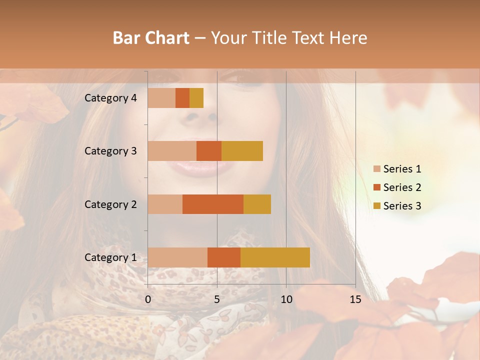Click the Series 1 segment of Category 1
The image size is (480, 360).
(177, 257)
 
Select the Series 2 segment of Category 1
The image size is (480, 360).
(224, 257)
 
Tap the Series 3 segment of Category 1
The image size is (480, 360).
(275, 257)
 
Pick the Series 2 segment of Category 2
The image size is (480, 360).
(213, 204)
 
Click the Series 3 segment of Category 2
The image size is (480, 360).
(257, 204)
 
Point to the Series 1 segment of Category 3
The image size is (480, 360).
(172, 151)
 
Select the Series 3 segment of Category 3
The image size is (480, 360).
(242, 151)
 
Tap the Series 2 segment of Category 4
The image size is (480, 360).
(182, 98)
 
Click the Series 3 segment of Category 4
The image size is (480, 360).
(196, 98)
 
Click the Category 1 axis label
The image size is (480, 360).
(110, 257)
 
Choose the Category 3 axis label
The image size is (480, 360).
(110, 151)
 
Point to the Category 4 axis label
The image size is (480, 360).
(110, 98)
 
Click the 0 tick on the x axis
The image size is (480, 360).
(148, 299)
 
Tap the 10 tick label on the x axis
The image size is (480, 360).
(286, 299)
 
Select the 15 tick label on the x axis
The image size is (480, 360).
(355, 299)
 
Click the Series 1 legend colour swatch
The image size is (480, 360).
(376, 169)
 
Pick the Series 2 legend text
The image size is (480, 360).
(402, 187)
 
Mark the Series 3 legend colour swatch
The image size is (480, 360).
(376, 206)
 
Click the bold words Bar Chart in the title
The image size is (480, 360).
(151, 38)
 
